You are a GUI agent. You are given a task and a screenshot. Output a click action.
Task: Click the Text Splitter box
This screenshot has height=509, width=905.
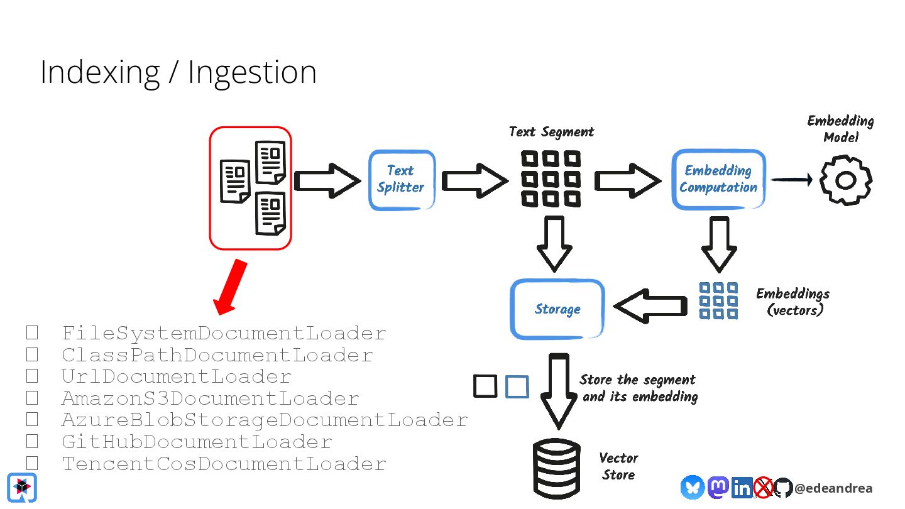pos(402,180)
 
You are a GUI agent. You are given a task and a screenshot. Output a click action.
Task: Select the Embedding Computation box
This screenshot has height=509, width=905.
pos(719,179)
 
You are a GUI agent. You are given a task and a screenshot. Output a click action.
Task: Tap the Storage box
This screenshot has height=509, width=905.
pos(557,309)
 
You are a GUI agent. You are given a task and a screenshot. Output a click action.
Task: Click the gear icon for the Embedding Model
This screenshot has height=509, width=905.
pos(846,180)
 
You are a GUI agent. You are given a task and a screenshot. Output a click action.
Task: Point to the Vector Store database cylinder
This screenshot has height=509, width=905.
pos(557,469)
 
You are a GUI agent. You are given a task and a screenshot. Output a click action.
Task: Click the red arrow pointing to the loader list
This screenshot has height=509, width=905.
pos(230,287)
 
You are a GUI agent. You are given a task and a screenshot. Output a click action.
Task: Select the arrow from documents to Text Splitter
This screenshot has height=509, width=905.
pos(327,180)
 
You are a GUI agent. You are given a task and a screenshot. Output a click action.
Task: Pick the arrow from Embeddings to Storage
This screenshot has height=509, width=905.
pos(650,306)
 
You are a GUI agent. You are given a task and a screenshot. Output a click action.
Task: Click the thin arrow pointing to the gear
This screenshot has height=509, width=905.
pos(792,179)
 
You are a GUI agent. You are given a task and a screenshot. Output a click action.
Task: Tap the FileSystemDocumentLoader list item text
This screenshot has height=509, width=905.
pos(224,333)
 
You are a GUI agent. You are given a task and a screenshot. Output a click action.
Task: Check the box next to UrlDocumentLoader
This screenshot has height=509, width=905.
pos(32,376)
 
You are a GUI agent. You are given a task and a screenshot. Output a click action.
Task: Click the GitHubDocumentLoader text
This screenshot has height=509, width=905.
pos(197,442)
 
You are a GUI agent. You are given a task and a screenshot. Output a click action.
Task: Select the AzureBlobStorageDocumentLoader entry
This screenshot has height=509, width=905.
pos(265,420)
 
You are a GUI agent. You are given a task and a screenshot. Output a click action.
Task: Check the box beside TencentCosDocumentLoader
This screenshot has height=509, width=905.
pos(32,463)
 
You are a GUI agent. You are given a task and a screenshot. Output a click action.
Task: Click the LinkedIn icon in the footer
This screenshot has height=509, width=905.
pos(742,488)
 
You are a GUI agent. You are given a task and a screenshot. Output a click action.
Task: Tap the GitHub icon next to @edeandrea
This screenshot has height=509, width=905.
pos(783,488)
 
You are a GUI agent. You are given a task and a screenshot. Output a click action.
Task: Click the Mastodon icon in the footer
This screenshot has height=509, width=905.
pos(718,487)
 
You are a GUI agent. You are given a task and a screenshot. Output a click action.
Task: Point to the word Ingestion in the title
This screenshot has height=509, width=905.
pos(253,73)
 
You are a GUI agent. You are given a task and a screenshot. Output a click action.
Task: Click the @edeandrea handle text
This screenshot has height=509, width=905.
pos(833,488)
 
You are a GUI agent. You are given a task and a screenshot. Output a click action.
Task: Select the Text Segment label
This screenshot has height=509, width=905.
pos(552,132)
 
